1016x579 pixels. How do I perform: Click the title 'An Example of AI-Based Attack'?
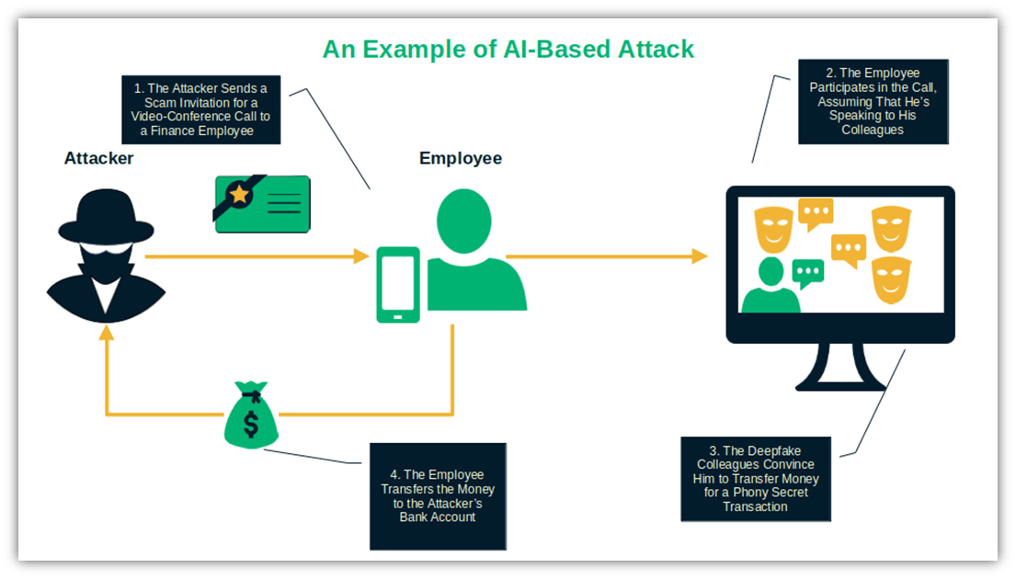point(508,49)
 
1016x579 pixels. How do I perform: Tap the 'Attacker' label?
point(98,158)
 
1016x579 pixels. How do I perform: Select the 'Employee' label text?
point(461,158)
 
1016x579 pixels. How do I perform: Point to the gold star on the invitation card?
point(240,194)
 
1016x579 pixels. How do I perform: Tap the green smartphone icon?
point(397,285)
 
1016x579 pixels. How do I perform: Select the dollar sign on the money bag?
point(250,425)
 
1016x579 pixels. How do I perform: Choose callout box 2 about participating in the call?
point(873,101)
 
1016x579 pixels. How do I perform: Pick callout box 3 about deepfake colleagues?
point(755,479)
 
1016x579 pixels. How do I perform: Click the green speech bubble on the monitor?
point(807,272)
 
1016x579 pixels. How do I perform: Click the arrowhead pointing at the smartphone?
point(361,256)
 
